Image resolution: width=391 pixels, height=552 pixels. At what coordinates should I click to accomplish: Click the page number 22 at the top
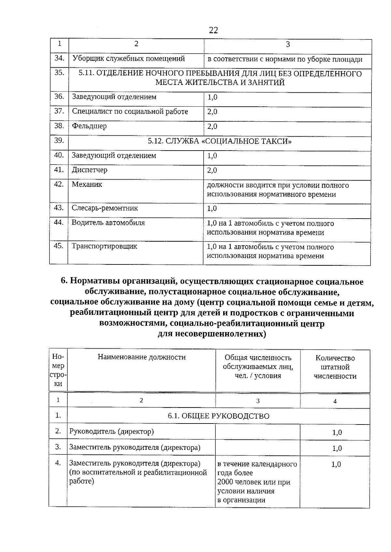pos(213,31)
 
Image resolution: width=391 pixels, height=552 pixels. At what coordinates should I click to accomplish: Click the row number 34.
pos(59,58)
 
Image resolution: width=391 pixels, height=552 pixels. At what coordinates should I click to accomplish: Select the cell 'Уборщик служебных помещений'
pos(128,59)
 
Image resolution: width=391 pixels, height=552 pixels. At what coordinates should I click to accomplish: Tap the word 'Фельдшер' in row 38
pos(89,126)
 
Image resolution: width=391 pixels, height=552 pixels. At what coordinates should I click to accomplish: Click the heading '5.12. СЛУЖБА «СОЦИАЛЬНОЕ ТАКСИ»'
pos(220,141)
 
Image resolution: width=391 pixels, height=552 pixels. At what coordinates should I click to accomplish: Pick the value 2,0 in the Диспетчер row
pos(212,170)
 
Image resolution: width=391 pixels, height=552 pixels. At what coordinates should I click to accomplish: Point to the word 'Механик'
pos(87,184)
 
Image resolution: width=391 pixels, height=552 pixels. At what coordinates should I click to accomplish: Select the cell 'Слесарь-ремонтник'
pos(105,208)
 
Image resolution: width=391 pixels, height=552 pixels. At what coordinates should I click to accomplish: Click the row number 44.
pos(58,222)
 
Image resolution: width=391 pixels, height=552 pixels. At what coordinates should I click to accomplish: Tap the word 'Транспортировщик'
pos(104,246)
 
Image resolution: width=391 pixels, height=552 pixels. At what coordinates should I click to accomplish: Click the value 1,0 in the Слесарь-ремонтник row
pos(212,209)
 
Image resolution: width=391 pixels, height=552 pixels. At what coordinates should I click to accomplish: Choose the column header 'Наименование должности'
pos(141,357)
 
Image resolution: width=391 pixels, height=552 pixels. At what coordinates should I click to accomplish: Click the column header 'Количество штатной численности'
pos(335,367)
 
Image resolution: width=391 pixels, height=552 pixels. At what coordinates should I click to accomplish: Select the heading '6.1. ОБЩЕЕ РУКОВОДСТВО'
pos(218,416)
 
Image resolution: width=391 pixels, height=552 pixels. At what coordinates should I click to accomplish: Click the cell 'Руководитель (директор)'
pos(111,432)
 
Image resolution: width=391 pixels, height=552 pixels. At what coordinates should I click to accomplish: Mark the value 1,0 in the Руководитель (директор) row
pos(337,433)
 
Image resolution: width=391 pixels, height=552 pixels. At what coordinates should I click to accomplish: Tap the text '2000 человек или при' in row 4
pos(253,482)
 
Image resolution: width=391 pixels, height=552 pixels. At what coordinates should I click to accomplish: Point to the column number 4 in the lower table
pos(335,401)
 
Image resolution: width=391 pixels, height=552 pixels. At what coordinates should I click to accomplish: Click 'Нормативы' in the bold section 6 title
pos(92,282)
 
